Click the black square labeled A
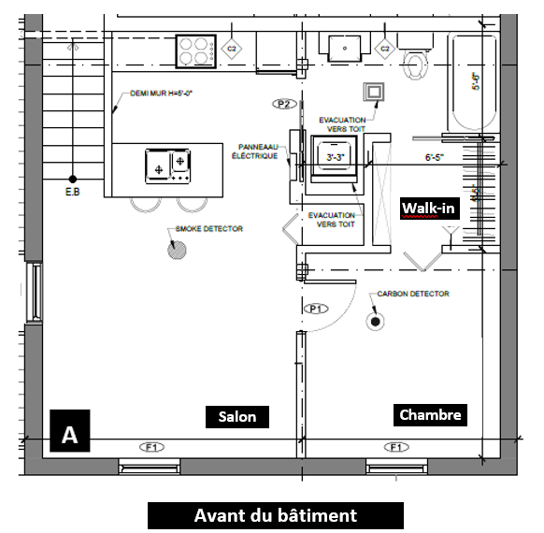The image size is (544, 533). click(69, 434)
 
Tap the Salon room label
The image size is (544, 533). click(237, 416)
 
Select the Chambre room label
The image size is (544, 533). click(430, 414)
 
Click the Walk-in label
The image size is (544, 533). click(428, 207)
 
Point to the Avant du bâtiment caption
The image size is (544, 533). click(275, 515)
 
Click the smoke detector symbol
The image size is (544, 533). click(175, 249)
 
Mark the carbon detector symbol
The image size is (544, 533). click(376, 322)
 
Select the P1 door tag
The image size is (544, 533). click(315, 308)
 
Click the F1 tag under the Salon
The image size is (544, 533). click(151, 447)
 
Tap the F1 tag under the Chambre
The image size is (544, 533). click(397, 447)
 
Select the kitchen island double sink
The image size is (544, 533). click(168, 166)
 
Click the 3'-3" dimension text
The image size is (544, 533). click(336, 158)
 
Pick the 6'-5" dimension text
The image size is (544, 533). click(436, 158)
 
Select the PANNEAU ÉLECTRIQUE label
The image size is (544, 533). click(255, 151)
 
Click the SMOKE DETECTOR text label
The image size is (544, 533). click(209, 228)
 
